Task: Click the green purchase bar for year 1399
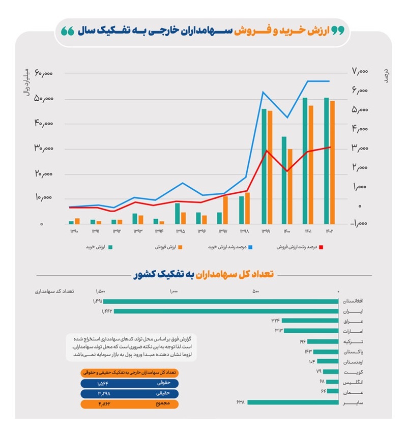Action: [x=264, y=166]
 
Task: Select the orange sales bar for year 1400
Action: [x=290, y=186]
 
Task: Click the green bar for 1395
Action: [x=177, y=213]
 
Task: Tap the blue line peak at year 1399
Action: [x=263, y=92]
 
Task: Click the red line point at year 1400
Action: [x=287, y=171]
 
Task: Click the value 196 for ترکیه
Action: [x=302, y=341]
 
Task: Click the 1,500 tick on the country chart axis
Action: [x=100, y=292]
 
